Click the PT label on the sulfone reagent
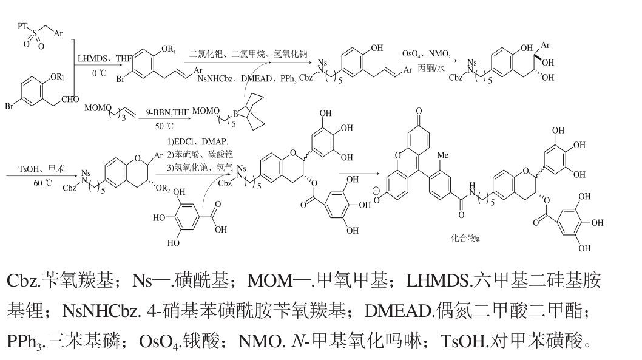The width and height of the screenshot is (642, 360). click(23, 26)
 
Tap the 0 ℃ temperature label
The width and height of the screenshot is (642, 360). click(99, 73)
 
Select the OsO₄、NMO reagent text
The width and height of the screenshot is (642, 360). click(426, 53)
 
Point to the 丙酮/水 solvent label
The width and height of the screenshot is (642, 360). click(431, 68)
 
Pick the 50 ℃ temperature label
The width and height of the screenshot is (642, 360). click(164, 126)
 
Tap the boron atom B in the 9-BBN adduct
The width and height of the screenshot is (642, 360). click(235, 114)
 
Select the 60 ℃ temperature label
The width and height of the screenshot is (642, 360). click(42, 183)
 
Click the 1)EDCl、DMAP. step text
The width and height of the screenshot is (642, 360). click(197, 141)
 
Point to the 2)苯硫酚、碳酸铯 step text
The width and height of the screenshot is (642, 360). click(200, 154)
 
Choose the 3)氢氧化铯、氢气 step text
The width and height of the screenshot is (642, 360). click(200, 167)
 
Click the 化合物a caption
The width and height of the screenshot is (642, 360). click(465, 238)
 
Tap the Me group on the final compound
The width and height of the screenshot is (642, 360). click(443, 155)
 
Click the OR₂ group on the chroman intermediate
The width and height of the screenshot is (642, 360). click(163, 188)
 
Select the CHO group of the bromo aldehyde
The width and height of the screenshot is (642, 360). click(70, 99)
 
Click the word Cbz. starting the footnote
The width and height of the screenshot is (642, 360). click(23, 280)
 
